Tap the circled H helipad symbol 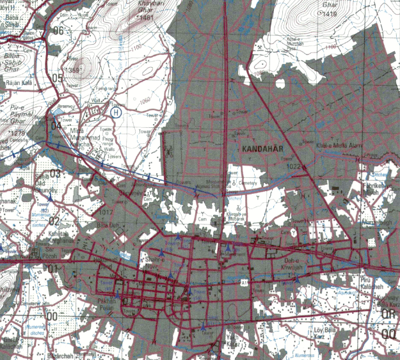click(116, 112)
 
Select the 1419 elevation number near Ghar click(330, 13)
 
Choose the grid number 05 click(58, 79)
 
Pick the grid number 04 click(56, 126)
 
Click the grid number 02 click(54, 221)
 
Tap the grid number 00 click(52, 316)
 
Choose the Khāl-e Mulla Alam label click(335, 146)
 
